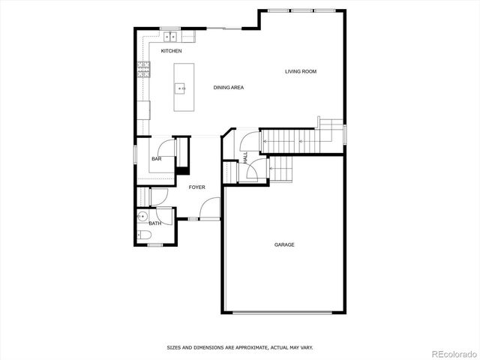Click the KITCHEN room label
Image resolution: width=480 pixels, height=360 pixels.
click(171, 51)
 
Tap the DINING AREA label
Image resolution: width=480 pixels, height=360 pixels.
click(229, 88)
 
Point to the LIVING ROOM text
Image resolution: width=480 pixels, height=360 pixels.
click(301, 72)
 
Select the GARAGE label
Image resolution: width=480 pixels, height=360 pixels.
click(284, 244)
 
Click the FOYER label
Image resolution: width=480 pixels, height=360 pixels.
click(196, 187)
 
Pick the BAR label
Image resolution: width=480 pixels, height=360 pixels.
click(157, 159)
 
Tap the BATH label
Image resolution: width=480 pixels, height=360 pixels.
click(154, 223)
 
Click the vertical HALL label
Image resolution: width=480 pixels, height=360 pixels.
click(245, 157)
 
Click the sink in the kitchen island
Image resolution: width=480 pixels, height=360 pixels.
click(181, 88)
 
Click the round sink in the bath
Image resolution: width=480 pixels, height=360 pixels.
click(142, 217)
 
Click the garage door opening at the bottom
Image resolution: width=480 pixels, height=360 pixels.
click(284, 312)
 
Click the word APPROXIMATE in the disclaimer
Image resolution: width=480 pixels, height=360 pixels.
click(242, 348)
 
